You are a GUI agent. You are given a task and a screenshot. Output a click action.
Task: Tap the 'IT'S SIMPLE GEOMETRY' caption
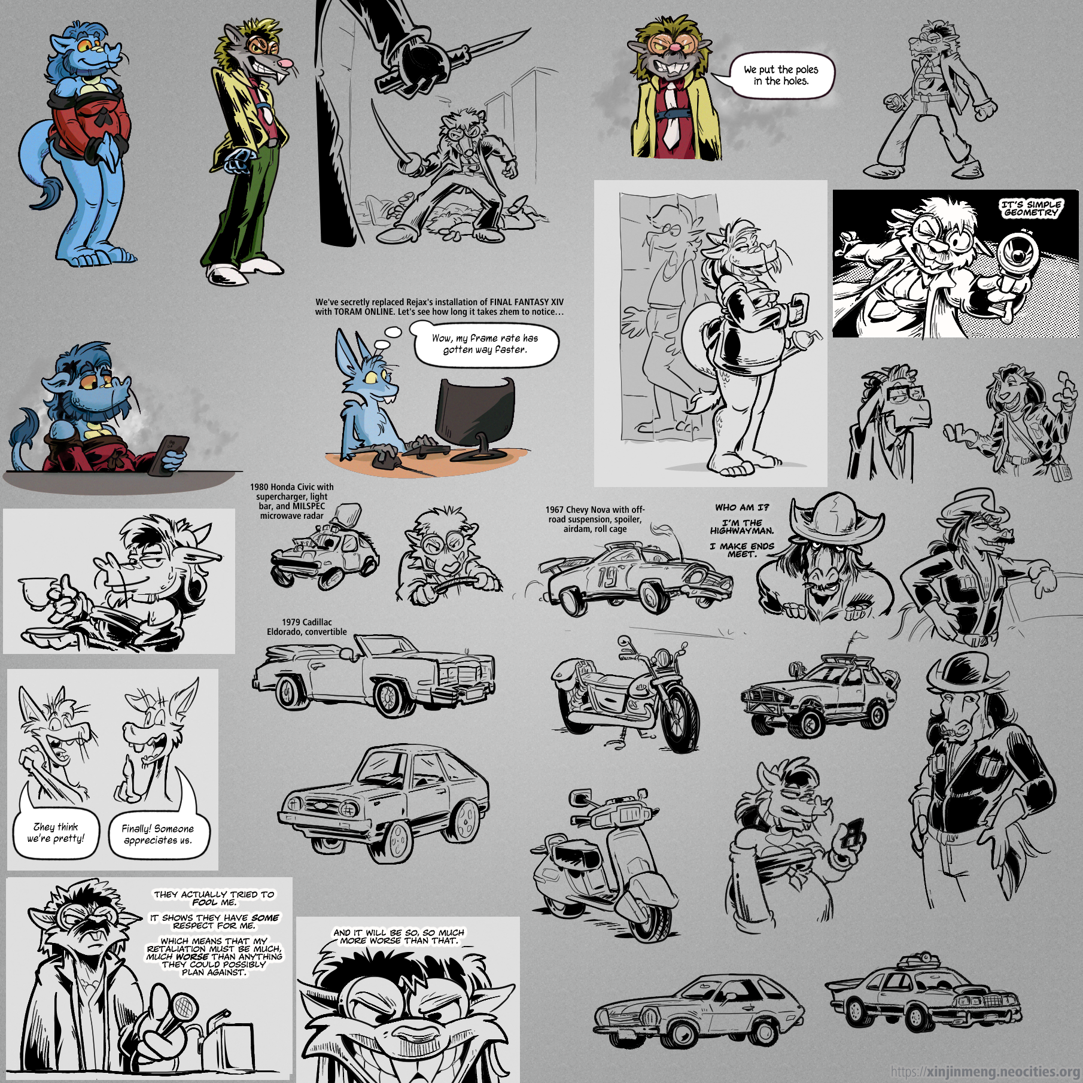click(1031, 208)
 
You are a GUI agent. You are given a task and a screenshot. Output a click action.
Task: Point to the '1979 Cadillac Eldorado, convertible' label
click(307, 627)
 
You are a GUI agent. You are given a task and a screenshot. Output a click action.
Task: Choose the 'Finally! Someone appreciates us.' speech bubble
click(157, 833)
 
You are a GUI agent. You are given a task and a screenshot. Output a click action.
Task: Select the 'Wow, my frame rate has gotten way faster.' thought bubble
click(485, 344)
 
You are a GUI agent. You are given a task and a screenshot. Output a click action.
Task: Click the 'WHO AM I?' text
click(742, 507)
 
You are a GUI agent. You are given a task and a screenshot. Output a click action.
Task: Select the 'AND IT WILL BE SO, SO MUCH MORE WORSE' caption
click(398, 936)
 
